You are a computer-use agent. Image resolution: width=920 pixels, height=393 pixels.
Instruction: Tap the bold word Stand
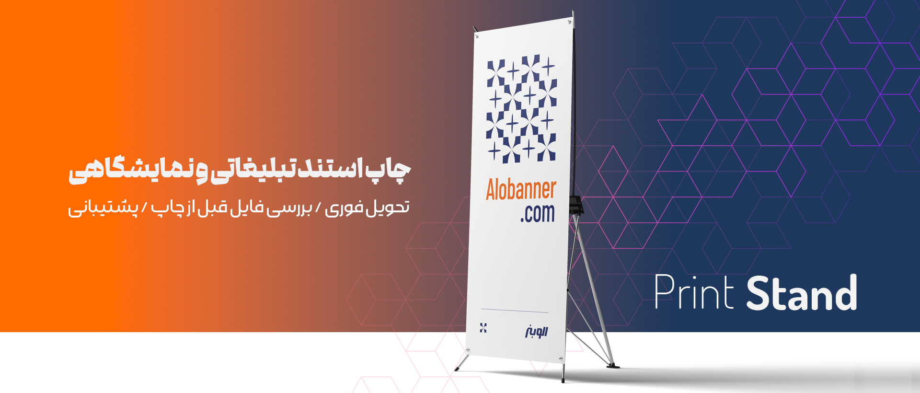(x=802, y=292)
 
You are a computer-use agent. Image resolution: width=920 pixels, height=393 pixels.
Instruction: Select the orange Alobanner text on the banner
(x=521, y=190)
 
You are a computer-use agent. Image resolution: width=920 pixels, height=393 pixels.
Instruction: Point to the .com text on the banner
(x=538, y=213)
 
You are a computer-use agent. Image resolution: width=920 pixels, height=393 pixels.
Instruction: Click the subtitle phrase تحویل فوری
(x=367, y=208)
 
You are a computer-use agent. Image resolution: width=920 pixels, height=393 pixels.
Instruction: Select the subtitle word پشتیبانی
(x=103, y=208)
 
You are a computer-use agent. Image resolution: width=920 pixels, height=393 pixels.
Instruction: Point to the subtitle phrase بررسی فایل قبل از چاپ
(x=232, y=208)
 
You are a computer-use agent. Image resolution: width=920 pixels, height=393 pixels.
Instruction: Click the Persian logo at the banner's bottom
(x=536, y=331)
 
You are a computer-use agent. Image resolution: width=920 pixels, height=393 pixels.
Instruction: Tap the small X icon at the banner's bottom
(x=483, y=328)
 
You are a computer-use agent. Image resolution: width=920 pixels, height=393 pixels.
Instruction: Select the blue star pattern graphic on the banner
(x=521, y=109)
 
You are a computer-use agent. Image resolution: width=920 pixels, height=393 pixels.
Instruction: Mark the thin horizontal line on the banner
(x=514, y=311)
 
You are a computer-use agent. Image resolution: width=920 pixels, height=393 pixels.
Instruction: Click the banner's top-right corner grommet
(x=569, y=22)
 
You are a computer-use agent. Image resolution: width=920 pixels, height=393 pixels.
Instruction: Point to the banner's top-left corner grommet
(x=476, y=35)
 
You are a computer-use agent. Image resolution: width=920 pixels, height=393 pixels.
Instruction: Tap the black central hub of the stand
(x=576, y=205)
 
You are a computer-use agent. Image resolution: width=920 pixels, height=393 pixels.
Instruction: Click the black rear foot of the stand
(x=613, y=366)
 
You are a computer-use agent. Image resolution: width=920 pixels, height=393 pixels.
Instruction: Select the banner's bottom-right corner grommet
(x=561, y=358)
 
